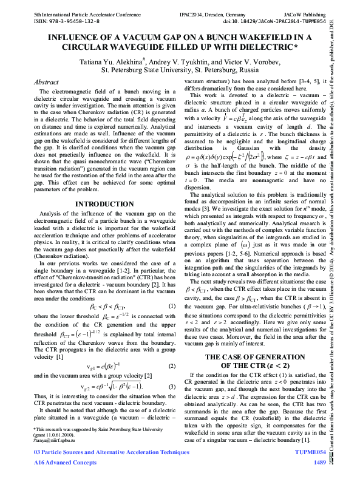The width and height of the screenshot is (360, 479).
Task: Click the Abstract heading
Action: click(46, 82)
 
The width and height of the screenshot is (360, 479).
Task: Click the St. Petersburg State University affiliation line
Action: click(180, 70)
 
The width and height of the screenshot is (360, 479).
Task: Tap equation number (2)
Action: click(172, 366)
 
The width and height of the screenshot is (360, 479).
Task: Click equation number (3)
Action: click(172, 387)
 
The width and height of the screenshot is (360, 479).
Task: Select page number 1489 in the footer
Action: click(319, 463)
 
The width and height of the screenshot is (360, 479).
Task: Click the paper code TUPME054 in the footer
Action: click(310, 453)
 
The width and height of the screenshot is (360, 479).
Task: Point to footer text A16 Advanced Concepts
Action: click(65, 463)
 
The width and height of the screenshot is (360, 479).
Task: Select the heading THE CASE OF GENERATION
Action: click(254, 358)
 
